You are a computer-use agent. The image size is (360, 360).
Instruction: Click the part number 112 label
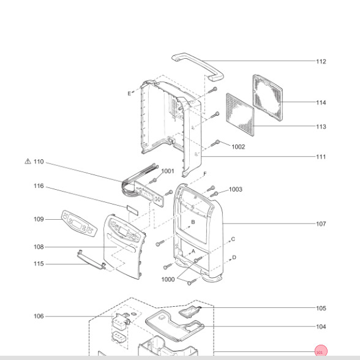pyautogui.click(x=321, y=61)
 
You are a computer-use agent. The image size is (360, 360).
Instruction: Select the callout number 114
pyautogui.click(x=321, y=102)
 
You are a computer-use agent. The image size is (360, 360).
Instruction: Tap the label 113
pyautogui.click(x=321, y=127)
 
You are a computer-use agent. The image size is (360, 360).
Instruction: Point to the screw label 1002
pyautogui.click(x=238, y=147)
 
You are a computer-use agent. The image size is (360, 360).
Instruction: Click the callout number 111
pyautogui.click(x=321, y=157)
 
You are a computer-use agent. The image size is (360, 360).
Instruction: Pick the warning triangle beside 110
pyautogui.click(x=28, y=162)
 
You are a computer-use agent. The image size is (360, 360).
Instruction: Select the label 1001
pyautogui.click(x=168, y=171)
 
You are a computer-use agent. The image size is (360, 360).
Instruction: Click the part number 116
pyautogui.click(x=39, y=186)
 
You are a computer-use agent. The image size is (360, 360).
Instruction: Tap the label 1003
pyautogui.click(x=236, y=189)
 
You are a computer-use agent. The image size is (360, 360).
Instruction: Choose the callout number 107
pyautogui.click(x=321, y=223)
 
